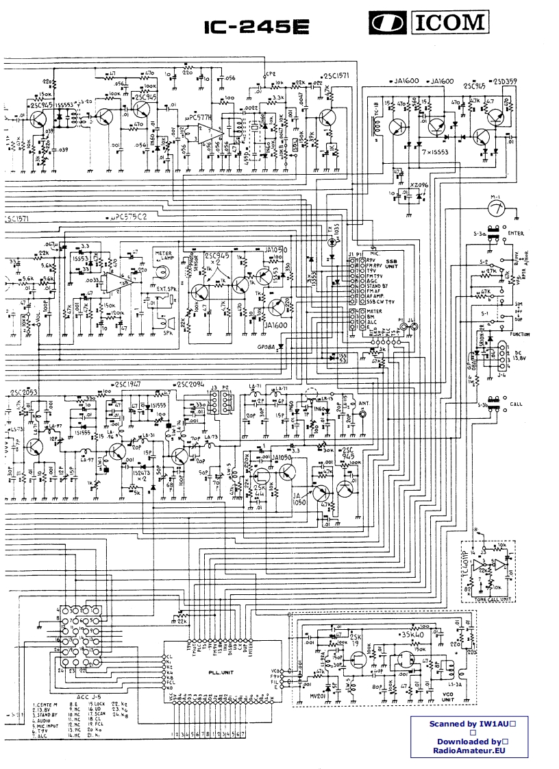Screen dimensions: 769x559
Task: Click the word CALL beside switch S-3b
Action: [x=518, y=404]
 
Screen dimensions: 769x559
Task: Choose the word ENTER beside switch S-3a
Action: [x=515, y=234]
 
